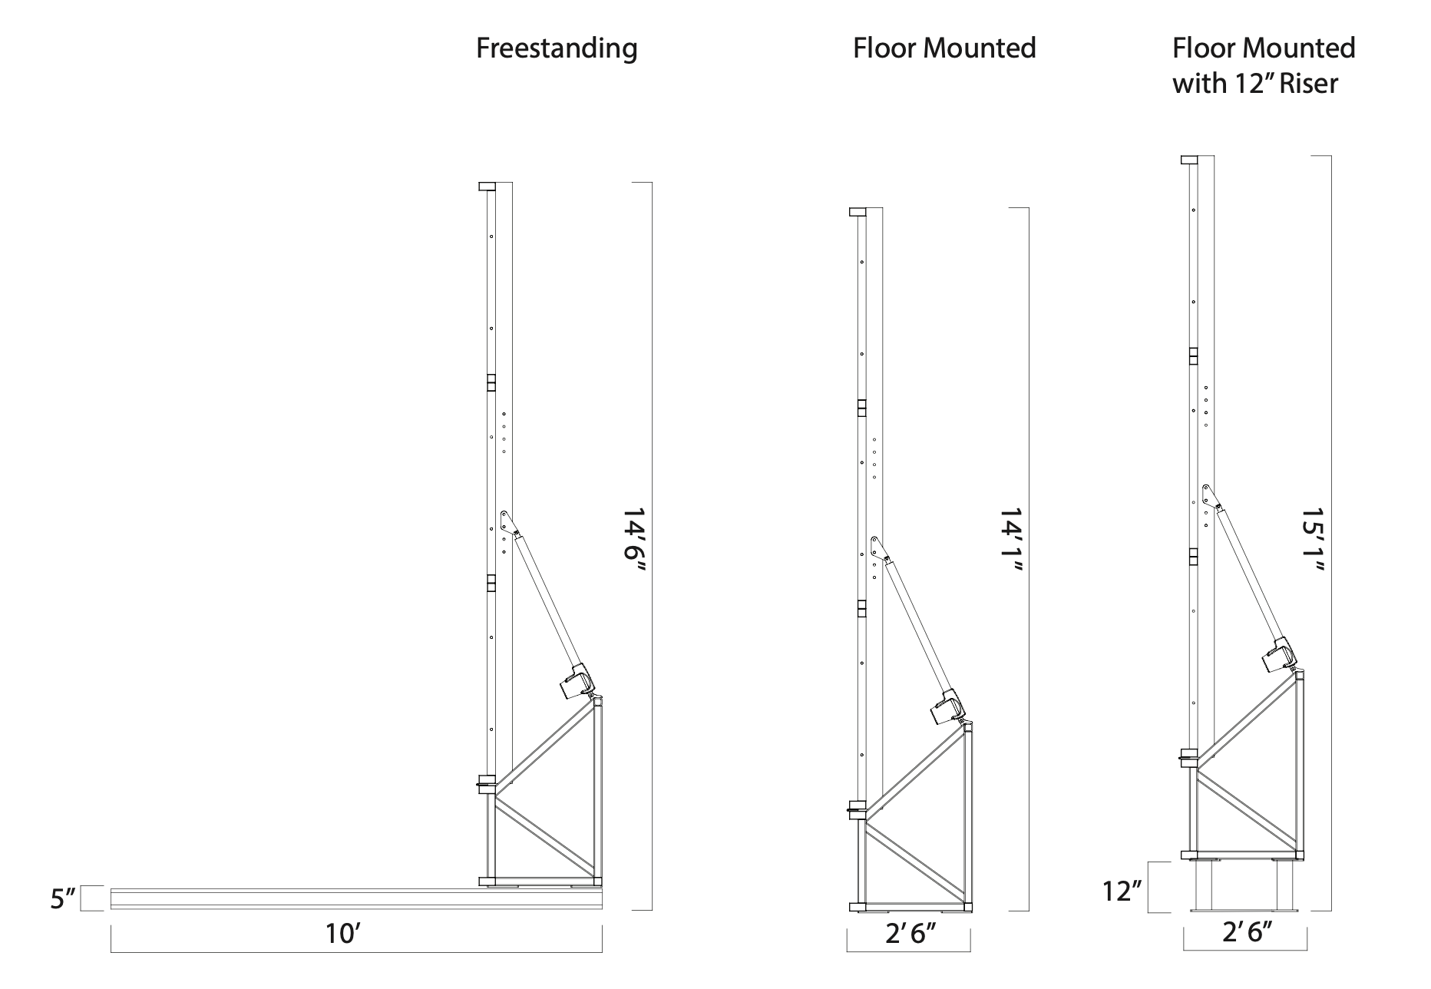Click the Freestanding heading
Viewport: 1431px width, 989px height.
coord(557,48)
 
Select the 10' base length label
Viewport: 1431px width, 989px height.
coord(342,934)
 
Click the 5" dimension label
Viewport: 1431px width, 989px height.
coord(64,898)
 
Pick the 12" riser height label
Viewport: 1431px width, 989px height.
coord(1122,891)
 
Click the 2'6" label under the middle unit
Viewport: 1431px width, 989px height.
coord(910,934)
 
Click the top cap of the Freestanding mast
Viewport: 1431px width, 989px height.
coord(487,187)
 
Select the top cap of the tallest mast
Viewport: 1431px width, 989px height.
coord(1189,160)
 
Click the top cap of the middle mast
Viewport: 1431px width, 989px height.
coord(857,212)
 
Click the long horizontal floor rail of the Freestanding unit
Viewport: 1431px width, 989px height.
coord(356,898)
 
